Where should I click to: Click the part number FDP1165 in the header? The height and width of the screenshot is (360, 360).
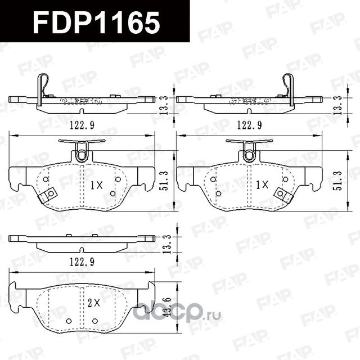(x=96, y=23)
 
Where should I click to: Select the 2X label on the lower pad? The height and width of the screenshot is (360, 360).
(x=93, y=302)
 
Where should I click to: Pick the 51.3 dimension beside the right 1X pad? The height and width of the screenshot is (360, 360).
(x=336, y=181)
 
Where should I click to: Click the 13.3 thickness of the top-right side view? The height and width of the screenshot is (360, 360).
(x=336, y=104)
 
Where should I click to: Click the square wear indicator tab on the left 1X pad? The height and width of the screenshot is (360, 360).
(x=49, y=195)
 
